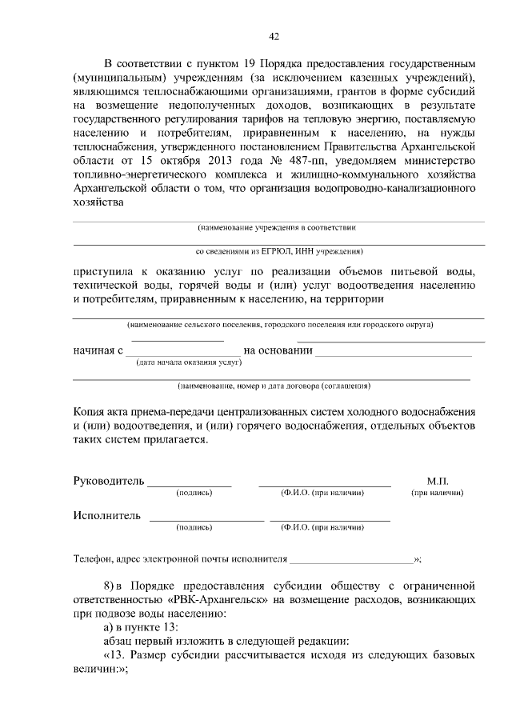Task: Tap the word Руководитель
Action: pos(109,481)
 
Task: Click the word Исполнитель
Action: pos(107,515)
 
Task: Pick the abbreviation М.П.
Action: pos(437,481)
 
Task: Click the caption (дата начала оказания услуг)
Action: pos(189,362)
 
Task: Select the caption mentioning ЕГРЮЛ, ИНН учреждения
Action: pos(279,250)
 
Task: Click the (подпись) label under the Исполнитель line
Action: pos(194,528)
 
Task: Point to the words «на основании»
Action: pos(277,350)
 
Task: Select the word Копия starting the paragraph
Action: pos(90,410)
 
